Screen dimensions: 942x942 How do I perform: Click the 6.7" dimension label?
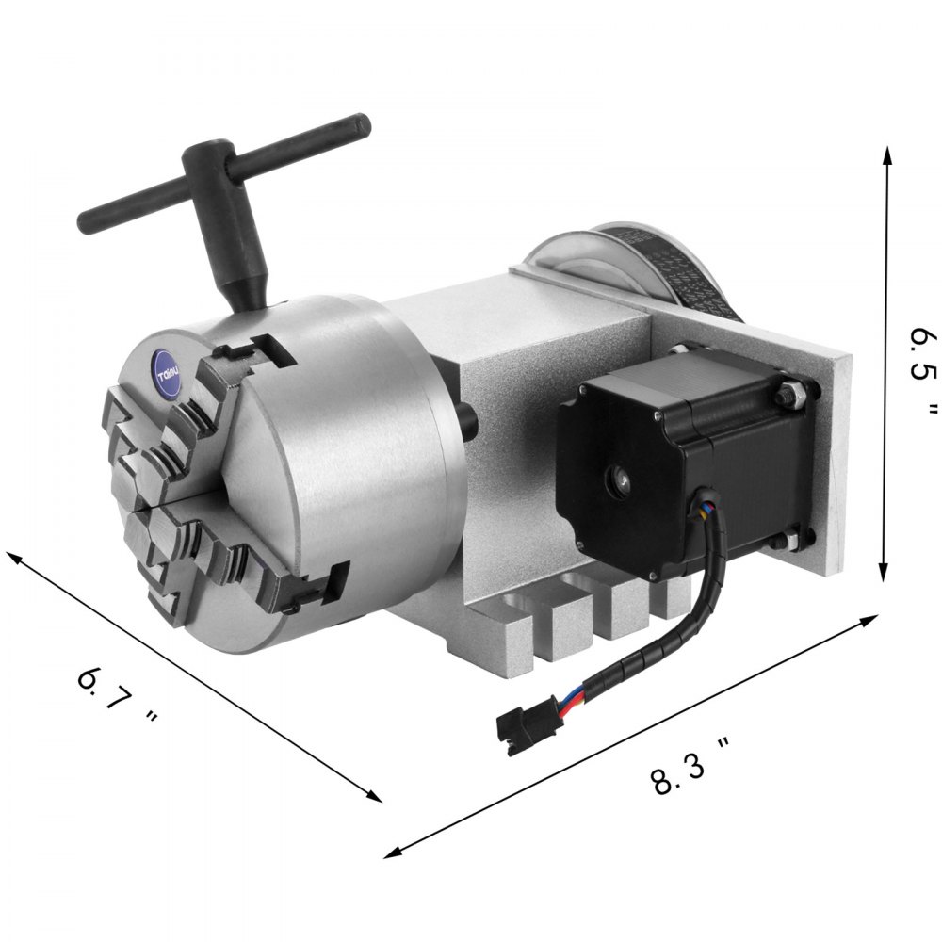(115, 698)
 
